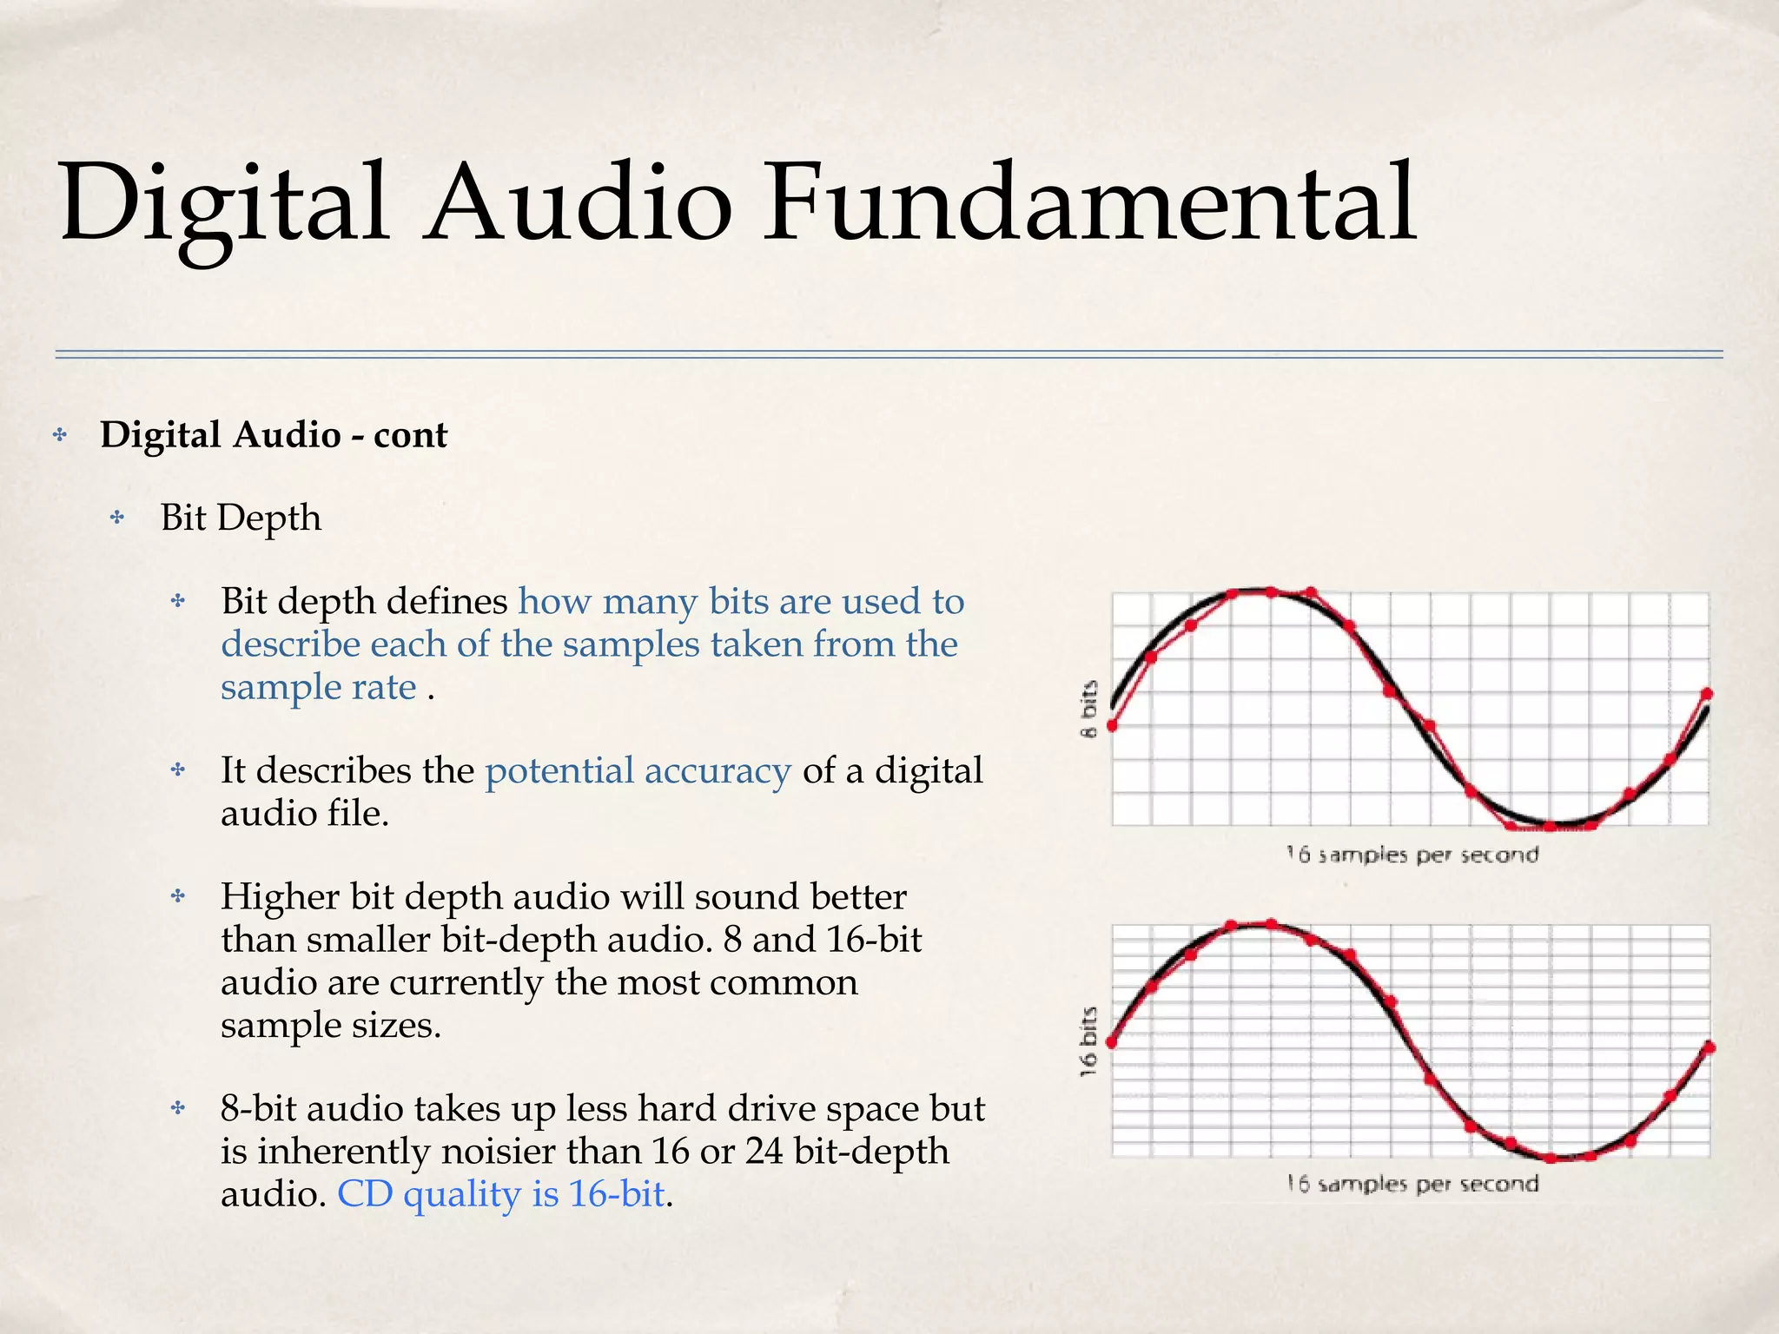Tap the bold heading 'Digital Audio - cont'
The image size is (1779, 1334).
point(274,435)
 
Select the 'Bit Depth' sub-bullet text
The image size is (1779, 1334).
point(241,518)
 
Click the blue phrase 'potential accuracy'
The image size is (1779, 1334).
point(638,770)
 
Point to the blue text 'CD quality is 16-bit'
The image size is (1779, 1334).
point(500,1193)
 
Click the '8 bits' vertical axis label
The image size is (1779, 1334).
point(1089,709)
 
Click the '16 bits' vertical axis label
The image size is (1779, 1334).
point(1089,1041)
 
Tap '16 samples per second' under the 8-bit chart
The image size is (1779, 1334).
point(1412,855)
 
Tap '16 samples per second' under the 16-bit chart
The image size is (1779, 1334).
point(1412,1184)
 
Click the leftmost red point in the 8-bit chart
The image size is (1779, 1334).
point(1112,725)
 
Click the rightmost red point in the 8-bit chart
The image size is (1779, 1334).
point(1707,693)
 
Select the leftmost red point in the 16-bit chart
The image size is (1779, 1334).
point(1112,1042)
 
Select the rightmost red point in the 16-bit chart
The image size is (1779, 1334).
point(1710,1047)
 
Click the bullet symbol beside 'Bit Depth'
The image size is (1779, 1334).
point(118,518)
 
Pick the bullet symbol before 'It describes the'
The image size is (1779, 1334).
point(178,769)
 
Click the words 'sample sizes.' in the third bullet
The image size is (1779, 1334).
point(331,1026)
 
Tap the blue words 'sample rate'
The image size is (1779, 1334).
point(319,687)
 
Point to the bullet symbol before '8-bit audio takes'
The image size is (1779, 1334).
point(178,1107)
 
